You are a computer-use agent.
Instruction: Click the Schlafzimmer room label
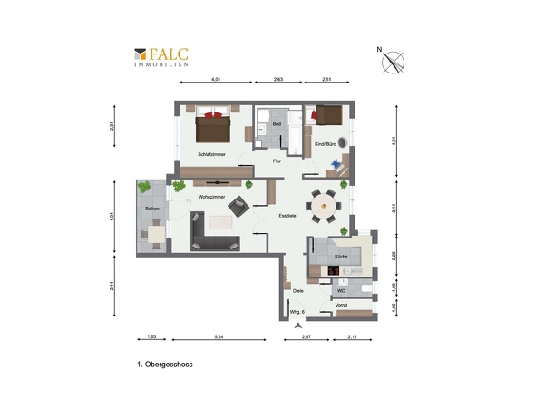point(211,154)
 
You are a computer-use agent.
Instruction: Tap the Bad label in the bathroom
point(277,124)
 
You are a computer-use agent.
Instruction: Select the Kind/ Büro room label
point(326,144)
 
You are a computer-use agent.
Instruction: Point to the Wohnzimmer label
point(211,197)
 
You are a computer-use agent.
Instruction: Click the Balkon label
point(152,209)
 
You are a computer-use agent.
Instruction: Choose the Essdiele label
point(287,216)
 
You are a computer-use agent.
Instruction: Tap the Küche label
point(341,257)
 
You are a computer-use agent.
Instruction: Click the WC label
point(341,291)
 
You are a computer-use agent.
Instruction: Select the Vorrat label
point(341,305)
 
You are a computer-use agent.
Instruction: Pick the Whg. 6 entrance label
point(297,312)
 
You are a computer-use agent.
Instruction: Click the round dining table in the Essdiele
point(323,206)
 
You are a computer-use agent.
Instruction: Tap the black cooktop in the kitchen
point(334,270)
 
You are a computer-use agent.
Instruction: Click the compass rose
point(393,63)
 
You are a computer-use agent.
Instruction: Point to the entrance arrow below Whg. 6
point(298,326)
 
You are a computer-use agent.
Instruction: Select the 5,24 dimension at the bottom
point(219,336)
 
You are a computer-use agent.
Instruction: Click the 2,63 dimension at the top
point(278,79)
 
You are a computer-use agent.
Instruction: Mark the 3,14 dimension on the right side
point(394,208)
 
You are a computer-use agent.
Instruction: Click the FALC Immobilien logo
point(161,57)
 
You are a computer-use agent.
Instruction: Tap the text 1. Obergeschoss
point(165,365)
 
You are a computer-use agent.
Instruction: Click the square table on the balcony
point(156,234)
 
